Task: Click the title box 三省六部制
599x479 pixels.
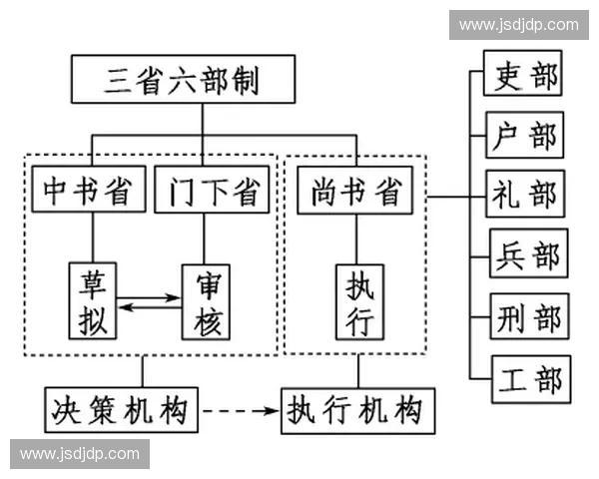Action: (x=182, y=80)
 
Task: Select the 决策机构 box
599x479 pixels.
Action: (x=122, y=408)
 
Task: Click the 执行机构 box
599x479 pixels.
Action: (x=358, y=408)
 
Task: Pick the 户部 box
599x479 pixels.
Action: (x=523, y=135)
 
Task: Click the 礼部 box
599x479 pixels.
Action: (x=523, y=196)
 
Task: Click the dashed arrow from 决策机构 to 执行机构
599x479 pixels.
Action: (x=240, y=409)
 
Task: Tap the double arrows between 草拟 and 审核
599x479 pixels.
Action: (x=150, y=299)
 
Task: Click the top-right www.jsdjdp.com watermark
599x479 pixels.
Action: (x=518, y=24)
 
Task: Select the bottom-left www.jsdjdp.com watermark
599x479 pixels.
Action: (x=80, y=454)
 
